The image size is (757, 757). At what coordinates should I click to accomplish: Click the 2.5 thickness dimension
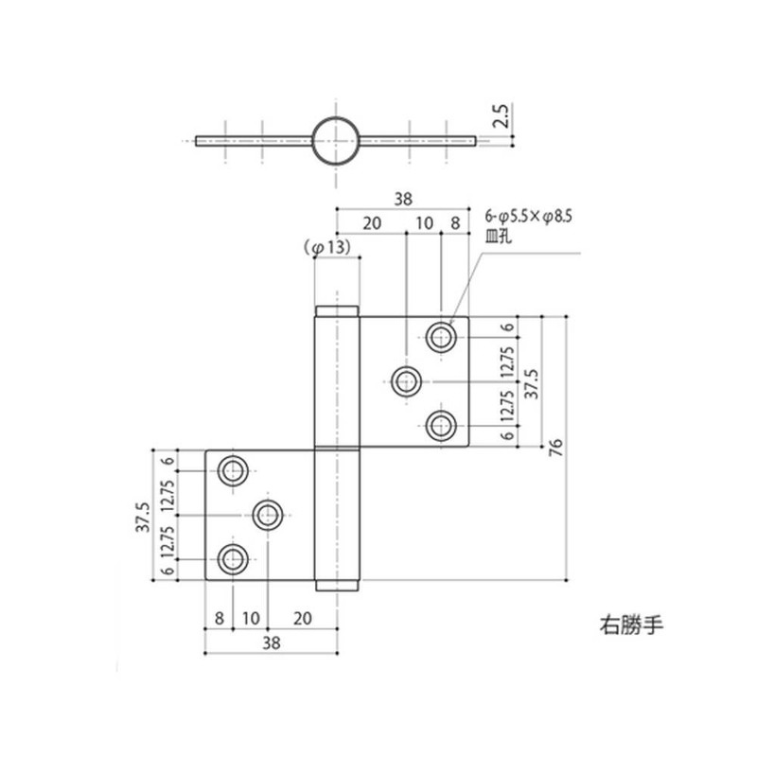[x=502, y=115]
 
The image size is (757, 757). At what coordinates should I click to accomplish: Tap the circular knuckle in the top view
[x=312, y=140]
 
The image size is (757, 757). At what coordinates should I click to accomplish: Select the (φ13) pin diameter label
[x=327, y=248]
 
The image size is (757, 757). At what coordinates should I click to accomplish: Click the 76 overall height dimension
[x=556, y=448]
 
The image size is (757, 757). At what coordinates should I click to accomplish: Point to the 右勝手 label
[x=631, y=625]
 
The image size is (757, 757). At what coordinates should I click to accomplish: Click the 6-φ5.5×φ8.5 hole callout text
[x=529, y=217]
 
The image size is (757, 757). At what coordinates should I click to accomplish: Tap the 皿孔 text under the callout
[x=498, y=238]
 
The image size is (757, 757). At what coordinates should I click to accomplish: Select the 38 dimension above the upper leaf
[x=403, y=199]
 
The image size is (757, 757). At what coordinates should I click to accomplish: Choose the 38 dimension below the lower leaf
[x=272, y=643]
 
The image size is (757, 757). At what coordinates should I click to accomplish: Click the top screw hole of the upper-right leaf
[x=441, y=337]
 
